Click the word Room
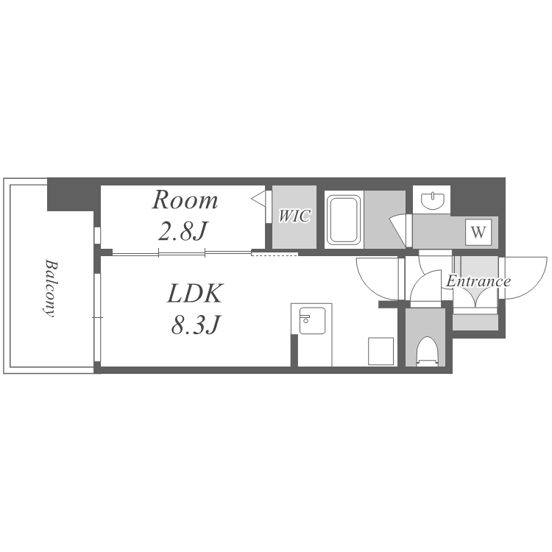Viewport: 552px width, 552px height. click(185, 200)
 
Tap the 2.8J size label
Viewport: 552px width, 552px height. click(182, 231)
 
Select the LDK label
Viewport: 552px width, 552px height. click(195, 293)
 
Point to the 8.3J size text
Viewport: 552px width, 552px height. click(196, 325)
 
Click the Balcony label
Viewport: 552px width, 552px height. click(51, 289)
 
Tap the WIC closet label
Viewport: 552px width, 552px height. click(294, 216)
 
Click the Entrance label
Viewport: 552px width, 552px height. click(478, 281)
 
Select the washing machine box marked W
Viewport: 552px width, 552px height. click(478, 233)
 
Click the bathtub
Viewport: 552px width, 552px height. click(344, 220)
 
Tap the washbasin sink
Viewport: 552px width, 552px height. click(432, 200)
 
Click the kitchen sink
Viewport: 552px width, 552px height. click(312, 320)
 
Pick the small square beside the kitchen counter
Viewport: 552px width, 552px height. click(381, 351)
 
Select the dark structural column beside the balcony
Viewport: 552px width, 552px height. click(71, 194)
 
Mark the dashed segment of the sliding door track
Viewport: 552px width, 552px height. click(275, 254)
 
